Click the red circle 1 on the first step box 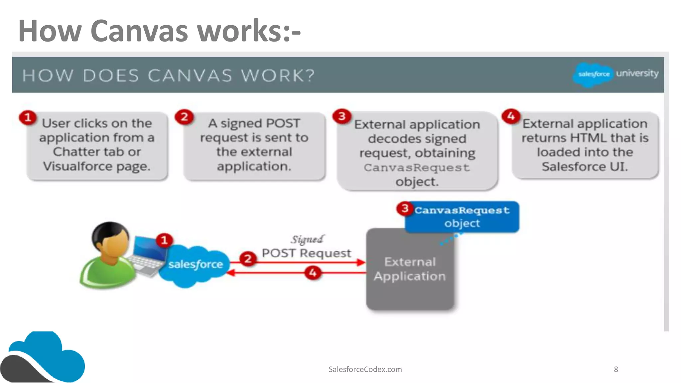tap(28, 117)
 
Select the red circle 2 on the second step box tap(184, 117)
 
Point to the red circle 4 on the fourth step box tap(511, 116)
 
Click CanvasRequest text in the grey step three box tap(417, 168)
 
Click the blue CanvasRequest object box tap(462, 217)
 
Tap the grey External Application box tap(410, 269)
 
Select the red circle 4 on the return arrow tap(313, 273)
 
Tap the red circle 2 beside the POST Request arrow tap(248, 259)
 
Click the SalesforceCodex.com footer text tap(365, 369)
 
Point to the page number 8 tap(615, 369)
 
